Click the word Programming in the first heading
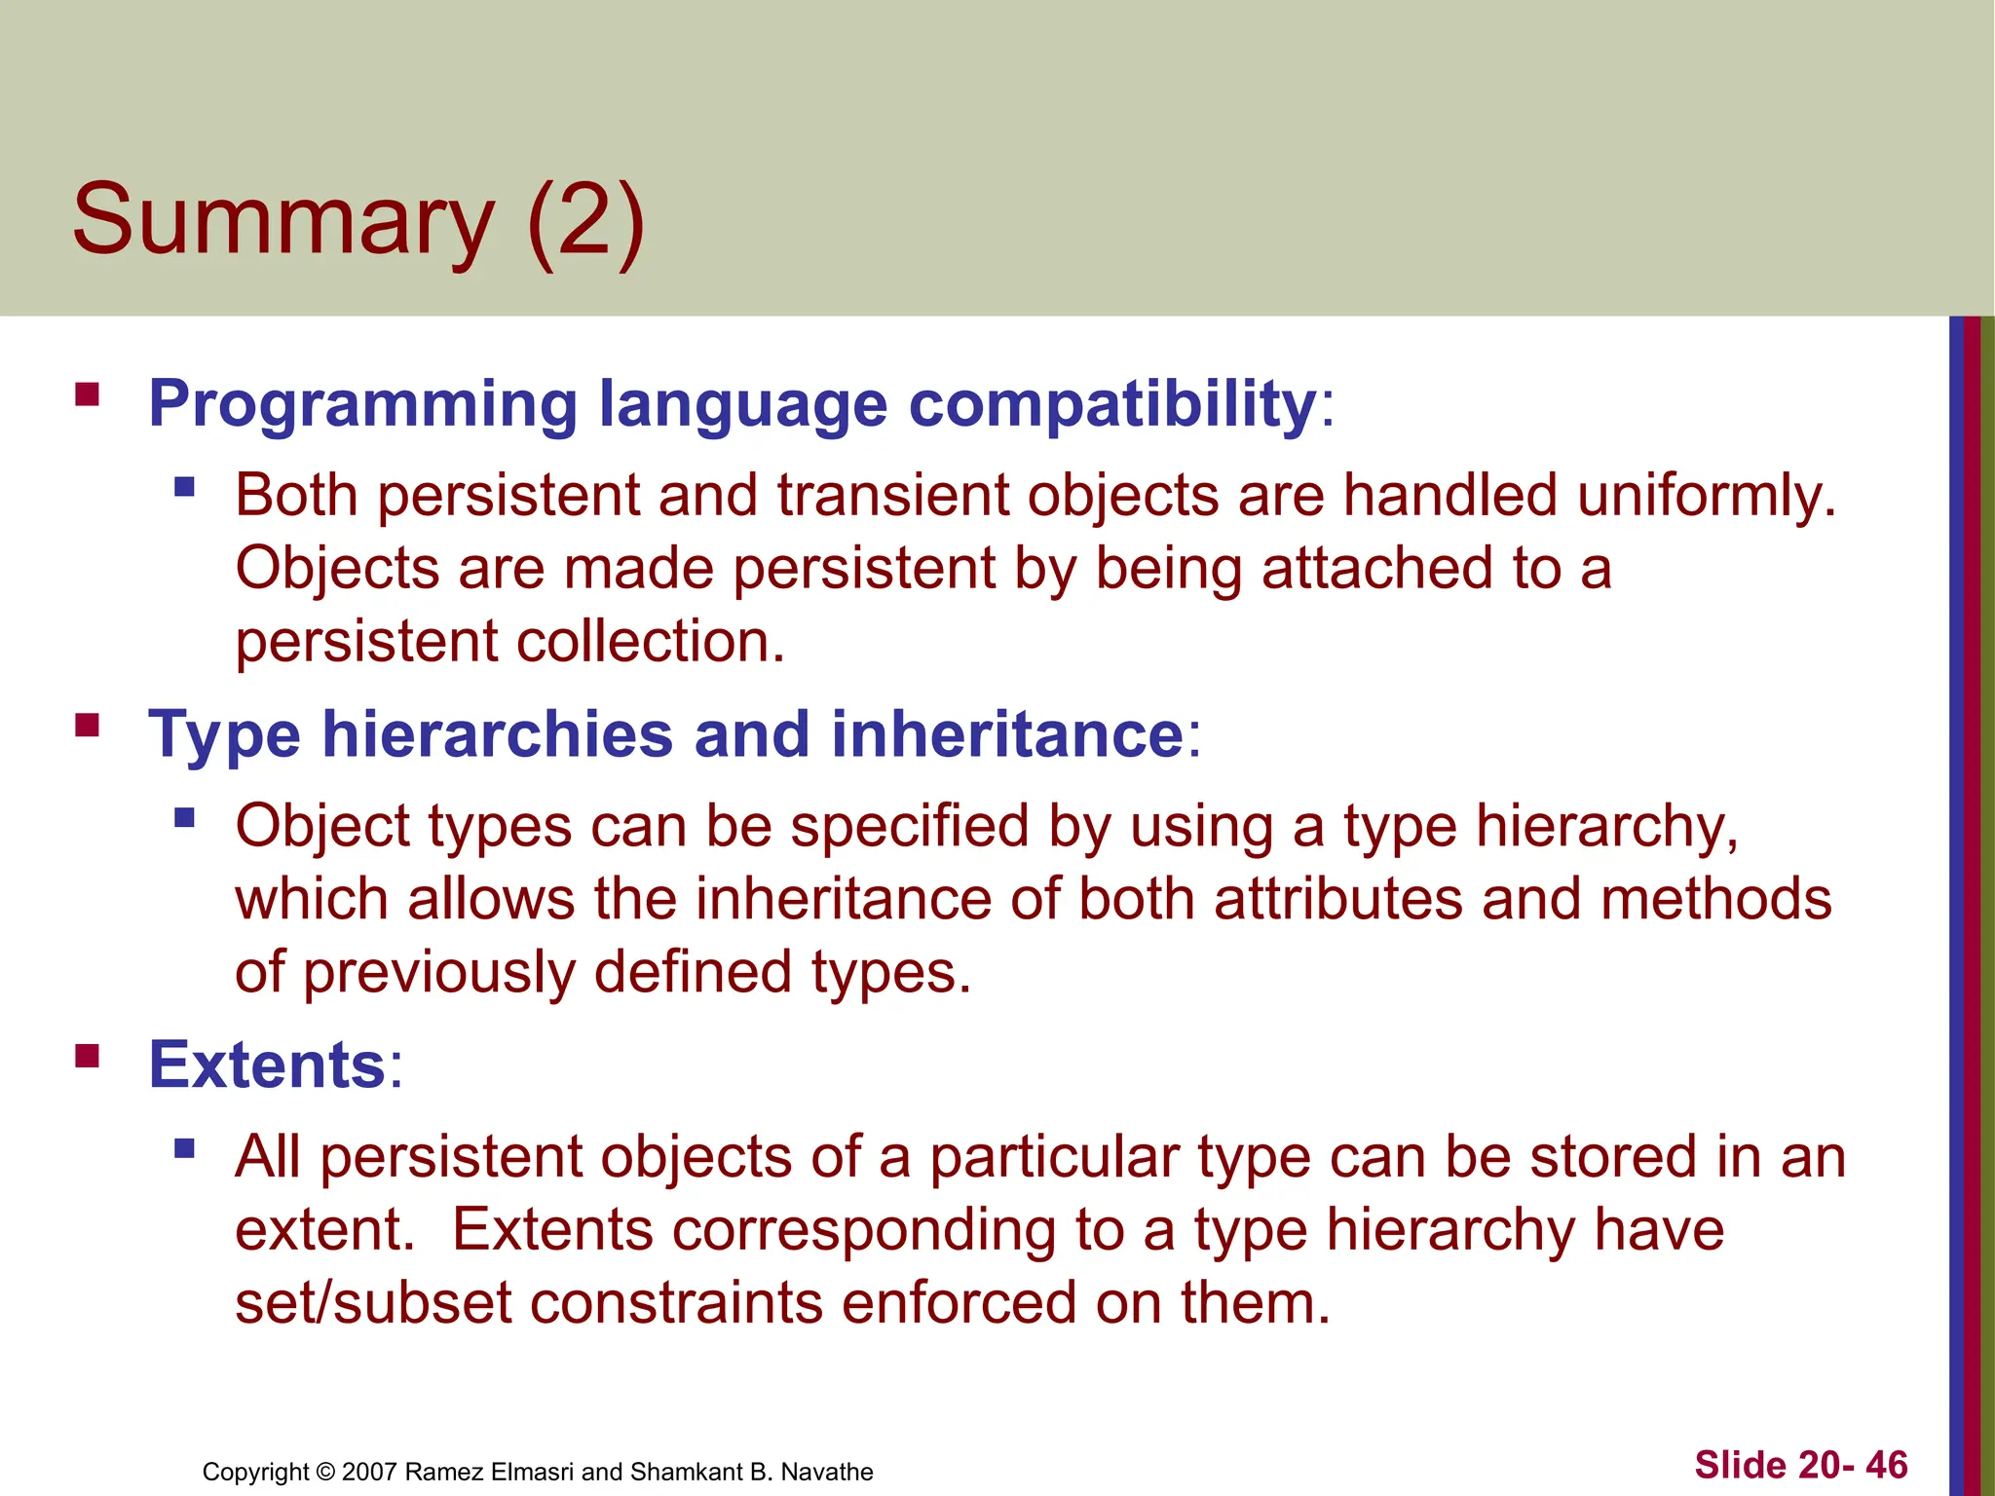point(363,404)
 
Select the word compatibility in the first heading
point(1112,404)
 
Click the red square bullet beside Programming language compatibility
point(88,394)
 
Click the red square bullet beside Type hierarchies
point(88,726)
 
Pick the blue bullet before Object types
point(184,817)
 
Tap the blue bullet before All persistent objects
point(184,1148)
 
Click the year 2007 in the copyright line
point(369,1472)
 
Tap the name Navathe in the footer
point(827,1472)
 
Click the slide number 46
point(1887,1465)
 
